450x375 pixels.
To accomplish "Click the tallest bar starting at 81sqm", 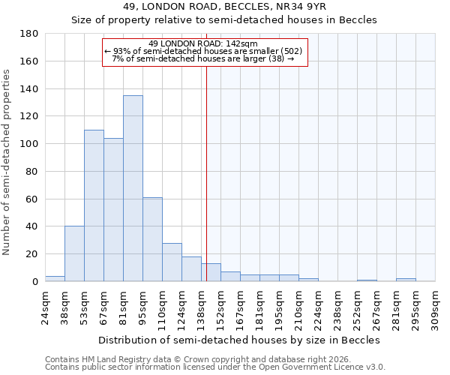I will point(133,188).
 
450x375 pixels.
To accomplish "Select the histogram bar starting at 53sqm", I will point(94,205).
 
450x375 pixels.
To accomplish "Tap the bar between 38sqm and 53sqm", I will point(74,253).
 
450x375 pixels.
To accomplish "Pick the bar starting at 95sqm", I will point(152,239).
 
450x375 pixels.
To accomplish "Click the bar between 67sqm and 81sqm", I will point(113,209).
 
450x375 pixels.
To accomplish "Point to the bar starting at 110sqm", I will point(172,262).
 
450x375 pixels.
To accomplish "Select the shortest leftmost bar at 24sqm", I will point(55,278).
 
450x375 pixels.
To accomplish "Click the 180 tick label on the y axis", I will point(30,34).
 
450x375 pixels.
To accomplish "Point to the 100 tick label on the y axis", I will point(30,144).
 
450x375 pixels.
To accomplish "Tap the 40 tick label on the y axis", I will point(33,226).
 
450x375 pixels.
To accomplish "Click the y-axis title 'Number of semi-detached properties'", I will point(7,162).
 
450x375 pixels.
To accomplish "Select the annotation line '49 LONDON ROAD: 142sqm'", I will point(203,43).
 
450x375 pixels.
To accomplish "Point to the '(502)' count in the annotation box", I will point(289,51).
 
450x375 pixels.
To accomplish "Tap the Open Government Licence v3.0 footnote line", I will point(215,367).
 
